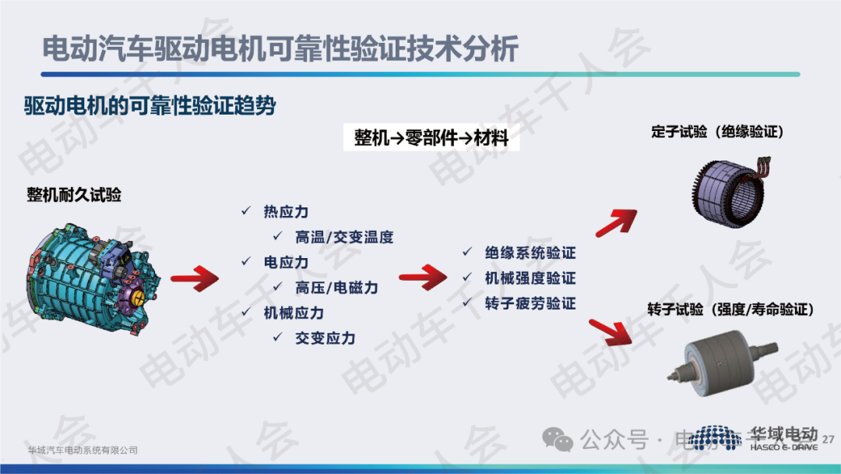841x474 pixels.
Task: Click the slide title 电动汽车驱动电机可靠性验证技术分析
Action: coord(280,49)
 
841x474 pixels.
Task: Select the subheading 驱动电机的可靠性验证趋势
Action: coord(150,106)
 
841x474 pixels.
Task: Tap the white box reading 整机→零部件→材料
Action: coord(431,138)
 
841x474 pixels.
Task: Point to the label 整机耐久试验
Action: coord(74,194)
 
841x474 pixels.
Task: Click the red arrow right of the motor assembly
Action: coord(195,278)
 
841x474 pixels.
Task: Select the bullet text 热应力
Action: coord(286,211)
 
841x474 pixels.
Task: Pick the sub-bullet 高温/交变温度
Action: coord(344,237)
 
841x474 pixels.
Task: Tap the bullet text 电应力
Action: coord(286,262)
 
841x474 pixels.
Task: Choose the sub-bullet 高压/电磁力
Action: coord(336,288)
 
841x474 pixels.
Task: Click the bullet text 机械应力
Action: coord(294,313)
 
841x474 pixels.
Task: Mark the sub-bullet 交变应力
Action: coord(325,338)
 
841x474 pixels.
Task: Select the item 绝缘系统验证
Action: coord(530,253)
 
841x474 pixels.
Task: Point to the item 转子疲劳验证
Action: coord(530,303)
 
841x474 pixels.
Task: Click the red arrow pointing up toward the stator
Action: coord(617,222)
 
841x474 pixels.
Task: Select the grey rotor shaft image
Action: coord(723,362)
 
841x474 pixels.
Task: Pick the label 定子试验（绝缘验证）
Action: coord(718,132)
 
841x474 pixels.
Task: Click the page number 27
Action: coord(828,439)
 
